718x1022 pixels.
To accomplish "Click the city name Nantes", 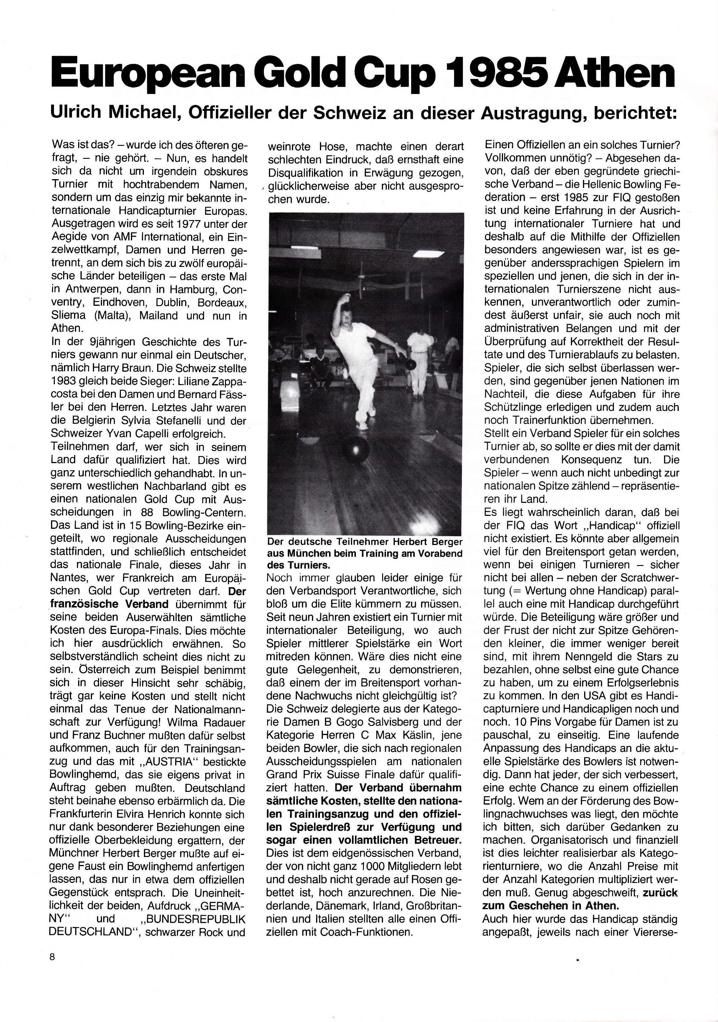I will click(x=70, y=578).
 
